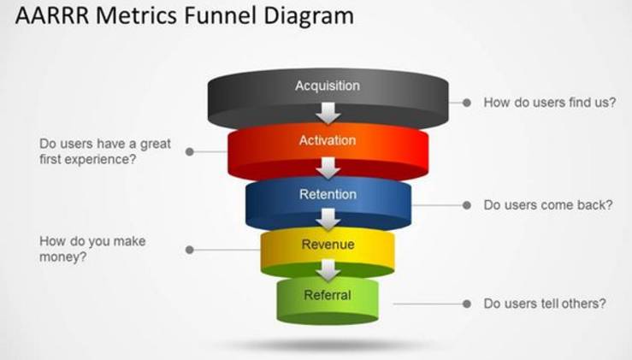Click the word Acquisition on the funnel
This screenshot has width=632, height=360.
[328, 86]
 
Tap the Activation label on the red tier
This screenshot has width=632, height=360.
[328, 140]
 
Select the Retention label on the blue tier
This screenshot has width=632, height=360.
[328, 194]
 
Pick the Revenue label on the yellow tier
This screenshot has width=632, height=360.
[328, 245]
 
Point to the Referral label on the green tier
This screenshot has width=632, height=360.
[328, 296]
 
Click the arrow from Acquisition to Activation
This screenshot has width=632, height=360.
[328, 111]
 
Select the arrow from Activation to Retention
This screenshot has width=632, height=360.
[328, 167]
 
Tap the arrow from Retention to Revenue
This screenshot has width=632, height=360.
[328, 220]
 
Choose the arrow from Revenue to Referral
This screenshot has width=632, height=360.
[328, 271]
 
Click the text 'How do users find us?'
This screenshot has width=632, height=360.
[550, 103]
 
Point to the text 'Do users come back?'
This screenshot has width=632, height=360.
[548, 205]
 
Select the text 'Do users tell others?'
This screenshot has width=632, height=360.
[545, 304]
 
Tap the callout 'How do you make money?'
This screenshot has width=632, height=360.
[92, 249]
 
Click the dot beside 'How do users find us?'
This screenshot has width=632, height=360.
[467, 103]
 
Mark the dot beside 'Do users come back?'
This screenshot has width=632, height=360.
[467, 205]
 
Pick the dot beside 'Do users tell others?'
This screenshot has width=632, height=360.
[467, 304]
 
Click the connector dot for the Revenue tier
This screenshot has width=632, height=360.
[190, 250]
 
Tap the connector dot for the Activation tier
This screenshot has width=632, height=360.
[190, 151]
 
